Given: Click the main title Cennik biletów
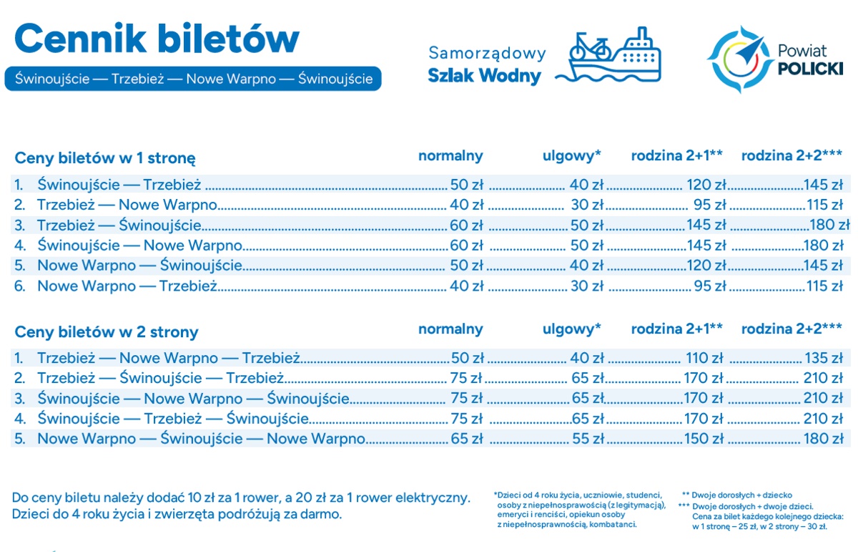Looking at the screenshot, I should pyautogui.click(x=156, y=39).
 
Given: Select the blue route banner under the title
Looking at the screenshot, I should pyautogui.click(x=193, y=79).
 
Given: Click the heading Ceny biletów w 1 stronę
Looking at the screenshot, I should pyautogui.click(x=105, y=158).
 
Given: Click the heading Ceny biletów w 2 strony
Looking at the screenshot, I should pyautogui.click(x=107, y=332).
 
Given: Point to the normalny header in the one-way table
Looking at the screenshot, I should pyautogui.click(x=450, y=156).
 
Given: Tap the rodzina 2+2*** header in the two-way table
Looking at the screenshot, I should pyautogui.click(x=792, y=329).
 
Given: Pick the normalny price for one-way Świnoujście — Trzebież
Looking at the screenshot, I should pyautogui.click(x=466, y=185).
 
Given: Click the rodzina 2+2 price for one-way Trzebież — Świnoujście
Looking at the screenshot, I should pyautogui.click(x=829, y=226).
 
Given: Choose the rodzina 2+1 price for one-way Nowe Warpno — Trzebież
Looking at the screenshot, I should pyautogui.click(x=709, y=286).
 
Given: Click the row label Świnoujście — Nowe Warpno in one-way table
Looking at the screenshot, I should pyautogui.click(x=139, y=246).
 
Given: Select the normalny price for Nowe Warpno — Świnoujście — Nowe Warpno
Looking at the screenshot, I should pyautogui.click(x=467, y=438).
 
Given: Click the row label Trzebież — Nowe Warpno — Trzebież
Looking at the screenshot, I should pyautogui.click(x=168, y=358).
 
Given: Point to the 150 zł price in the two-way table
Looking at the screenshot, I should pyautogui.click(x=704, y=438).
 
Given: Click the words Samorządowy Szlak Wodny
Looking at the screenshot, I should pyautogui.click(x=486, y=64).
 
